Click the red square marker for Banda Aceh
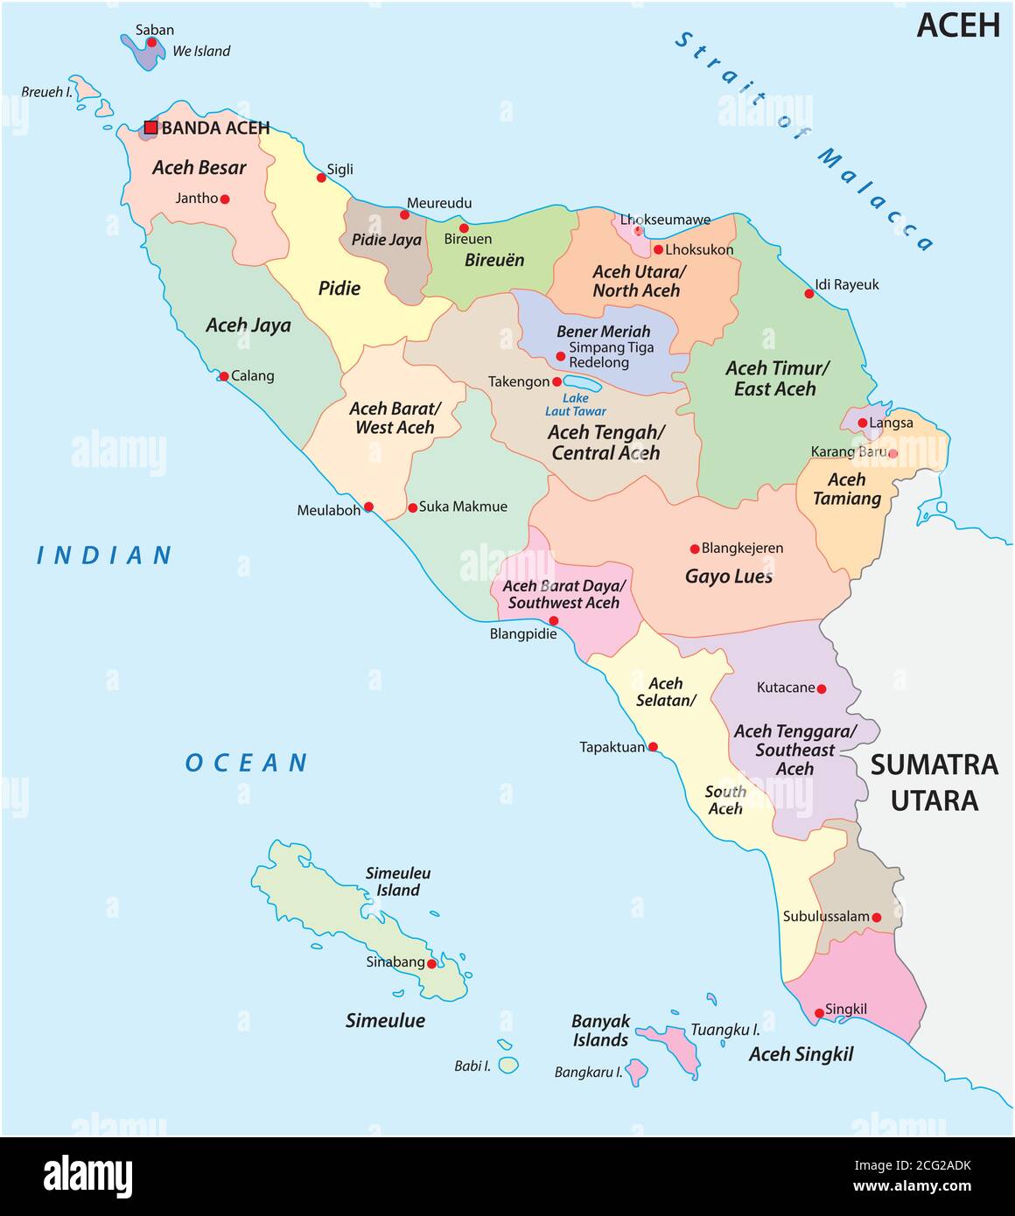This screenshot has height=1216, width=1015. tap(150, 128)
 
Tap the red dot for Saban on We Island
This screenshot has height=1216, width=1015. tap(151, 42)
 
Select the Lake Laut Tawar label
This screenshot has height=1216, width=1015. tap(575, 404)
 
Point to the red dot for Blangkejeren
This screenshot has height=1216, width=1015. tap(695, 549)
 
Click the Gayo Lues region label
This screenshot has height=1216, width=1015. tap(728, 577)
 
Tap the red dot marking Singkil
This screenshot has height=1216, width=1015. tap(819, 1013)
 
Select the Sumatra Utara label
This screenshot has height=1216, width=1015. tap(934, 782)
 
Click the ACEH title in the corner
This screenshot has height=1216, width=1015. tap(957, 25)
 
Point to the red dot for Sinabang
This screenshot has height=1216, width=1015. tap(431, 963)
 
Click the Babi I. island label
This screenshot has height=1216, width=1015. tap(472, 1066)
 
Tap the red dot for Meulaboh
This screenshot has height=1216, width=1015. tap(368, 507)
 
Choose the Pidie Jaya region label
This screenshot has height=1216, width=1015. tap(386, 240)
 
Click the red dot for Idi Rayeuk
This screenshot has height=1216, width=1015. tap(809, 293)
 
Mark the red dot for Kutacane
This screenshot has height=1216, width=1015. tap(821, 688)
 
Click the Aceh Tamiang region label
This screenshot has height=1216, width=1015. tap(846, 489)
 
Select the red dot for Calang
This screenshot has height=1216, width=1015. tap(224, 376)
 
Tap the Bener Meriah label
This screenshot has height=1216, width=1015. tap(603, 332)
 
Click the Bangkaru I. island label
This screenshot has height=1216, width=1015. tap(588, 1072)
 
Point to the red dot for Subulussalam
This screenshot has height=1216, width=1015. tap(876, 918)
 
